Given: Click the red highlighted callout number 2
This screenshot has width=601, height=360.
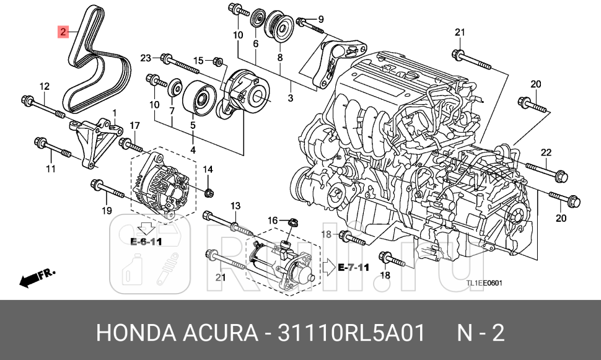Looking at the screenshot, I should pos(63,32).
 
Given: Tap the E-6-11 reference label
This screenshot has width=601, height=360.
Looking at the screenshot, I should pos(146,242).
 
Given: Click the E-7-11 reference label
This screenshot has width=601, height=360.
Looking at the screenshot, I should pos(354,268).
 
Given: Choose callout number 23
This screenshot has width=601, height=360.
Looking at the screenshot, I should pos(146,58).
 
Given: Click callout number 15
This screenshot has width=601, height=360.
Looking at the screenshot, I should pos(198,60).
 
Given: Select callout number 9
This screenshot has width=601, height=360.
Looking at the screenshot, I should pos(321,19).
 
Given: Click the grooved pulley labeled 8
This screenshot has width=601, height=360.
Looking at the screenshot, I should pos(279,30).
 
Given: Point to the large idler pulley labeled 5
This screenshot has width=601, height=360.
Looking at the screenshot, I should pos(201,98).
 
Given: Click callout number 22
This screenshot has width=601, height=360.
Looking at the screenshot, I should pos(546,152).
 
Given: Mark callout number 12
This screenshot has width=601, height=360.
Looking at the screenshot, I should pos(44,86).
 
